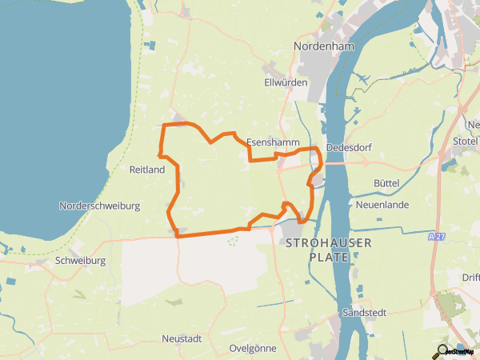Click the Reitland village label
click(x=146, y=170)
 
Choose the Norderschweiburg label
click(x=100, y=206)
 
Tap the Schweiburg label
click(x=81, y=261)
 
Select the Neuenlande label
click(x=382, y=205)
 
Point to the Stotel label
click(x=463, y=142)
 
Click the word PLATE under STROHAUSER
click(x=329, y=257)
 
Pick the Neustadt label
click(x=182, y=339)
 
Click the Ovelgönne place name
click(x=252, y=349)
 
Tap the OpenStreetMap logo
click(x=458, y=351)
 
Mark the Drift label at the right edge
click(x=471, y=278)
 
